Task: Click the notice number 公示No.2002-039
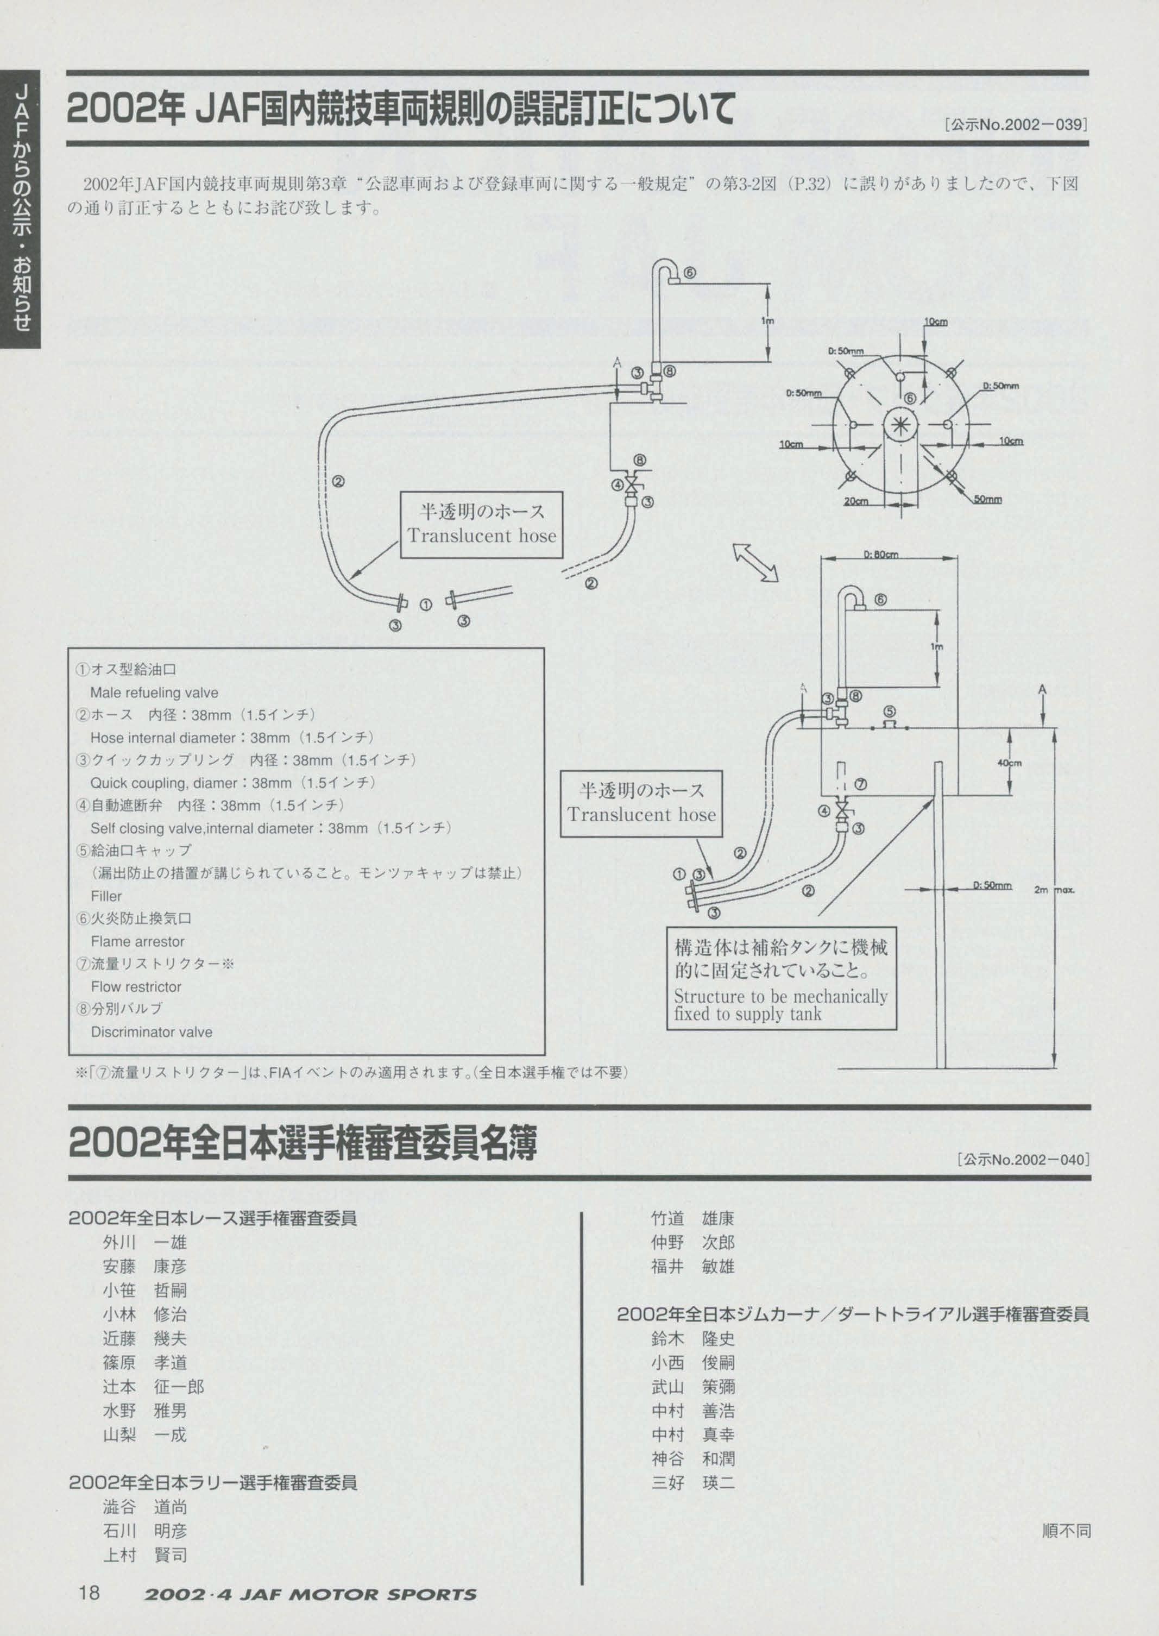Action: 1016,125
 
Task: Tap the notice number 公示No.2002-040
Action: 1024,1159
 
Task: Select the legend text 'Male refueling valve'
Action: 154,693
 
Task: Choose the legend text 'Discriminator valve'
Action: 152,1032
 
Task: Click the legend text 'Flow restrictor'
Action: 136,986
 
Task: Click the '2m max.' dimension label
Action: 1054,890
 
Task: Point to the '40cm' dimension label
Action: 1009,763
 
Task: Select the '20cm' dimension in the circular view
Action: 856,501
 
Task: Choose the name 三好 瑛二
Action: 692,1482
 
